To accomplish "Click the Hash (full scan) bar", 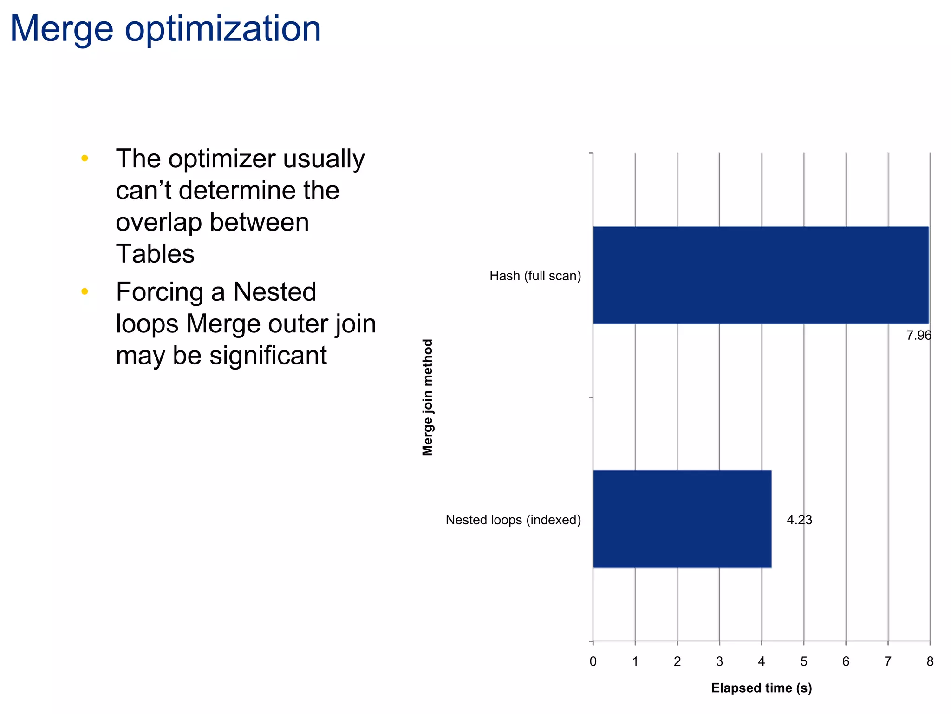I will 761,275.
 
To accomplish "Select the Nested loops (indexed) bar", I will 682,519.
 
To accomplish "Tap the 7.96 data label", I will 918,335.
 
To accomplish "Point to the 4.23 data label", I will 799,520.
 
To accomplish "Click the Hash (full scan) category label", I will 535,276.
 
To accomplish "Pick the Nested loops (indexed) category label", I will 513,520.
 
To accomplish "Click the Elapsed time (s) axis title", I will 761,688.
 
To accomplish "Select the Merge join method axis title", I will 428,397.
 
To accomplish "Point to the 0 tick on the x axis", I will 593,661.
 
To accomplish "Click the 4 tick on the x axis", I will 762,661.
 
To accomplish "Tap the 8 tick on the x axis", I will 930,661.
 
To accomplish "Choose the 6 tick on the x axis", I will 846,661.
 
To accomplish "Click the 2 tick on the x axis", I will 677,661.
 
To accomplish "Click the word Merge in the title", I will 61,29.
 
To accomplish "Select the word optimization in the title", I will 223,29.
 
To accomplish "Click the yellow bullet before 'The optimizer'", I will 85,159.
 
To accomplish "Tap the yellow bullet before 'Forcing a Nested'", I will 85,291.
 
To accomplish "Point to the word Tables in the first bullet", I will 155,254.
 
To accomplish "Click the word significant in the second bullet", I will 268,356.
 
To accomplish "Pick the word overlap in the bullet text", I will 158,222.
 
